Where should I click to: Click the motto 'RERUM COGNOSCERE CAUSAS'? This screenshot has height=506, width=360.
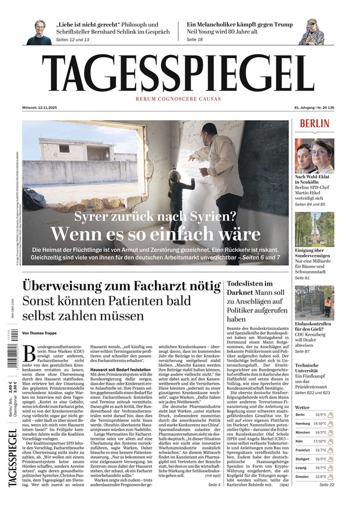[x=178, y=99]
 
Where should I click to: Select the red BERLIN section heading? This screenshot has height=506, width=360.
[x=315, y=124]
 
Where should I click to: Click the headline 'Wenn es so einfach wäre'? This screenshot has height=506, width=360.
[x=155, y=233]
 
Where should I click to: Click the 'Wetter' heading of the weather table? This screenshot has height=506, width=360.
[x=303, y=407]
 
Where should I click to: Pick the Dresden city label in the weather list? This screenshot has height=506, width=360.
[x=303, y=476]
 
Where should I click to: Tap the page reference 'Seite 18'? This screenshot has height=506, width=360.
[x=195, y=39]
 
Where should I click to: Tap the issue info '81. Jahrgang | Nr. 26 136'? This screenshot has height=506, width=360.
[x=315, y=108]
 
